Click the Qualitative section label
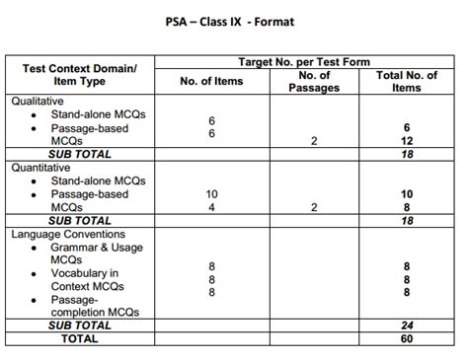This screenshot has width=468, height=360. (x=38, y=101)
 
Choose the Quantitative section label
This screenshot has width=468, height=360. (x=41, y=168)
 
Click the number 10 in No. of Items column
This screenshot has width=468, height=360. (x=211, y=194)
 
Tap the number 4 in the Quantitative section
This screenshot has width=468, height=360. (x=211, y=207)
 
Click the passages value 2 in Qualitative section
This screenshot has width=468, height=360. (x=313, y=141)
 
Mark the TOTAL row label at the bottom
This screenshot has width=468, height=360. (x=80, y=338)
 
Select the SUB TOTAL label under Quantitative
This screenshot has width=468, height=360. (x=80, y=221)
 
